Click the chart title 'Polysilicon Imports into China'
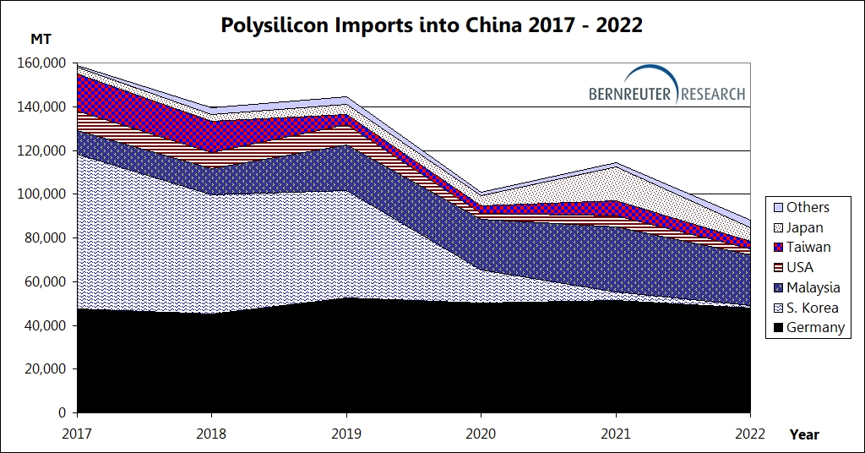click(x=432, y=25)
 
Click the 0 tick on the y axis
click(x=62, y=413)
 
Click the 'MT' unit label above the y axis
click(x=41, y=40)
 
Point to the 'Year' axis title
click(x=804, y=435)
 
